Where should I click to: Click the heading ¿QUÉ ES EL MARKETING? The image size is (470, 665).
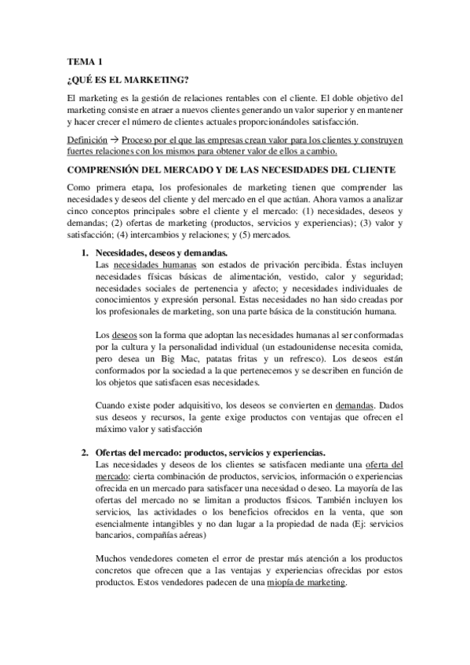[x=128, y=78]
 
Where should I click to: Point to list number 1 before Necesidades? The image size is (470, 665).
[x=86, y=254]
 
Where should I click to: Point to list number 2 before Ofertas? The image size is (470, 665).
[x=86, y=452]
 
